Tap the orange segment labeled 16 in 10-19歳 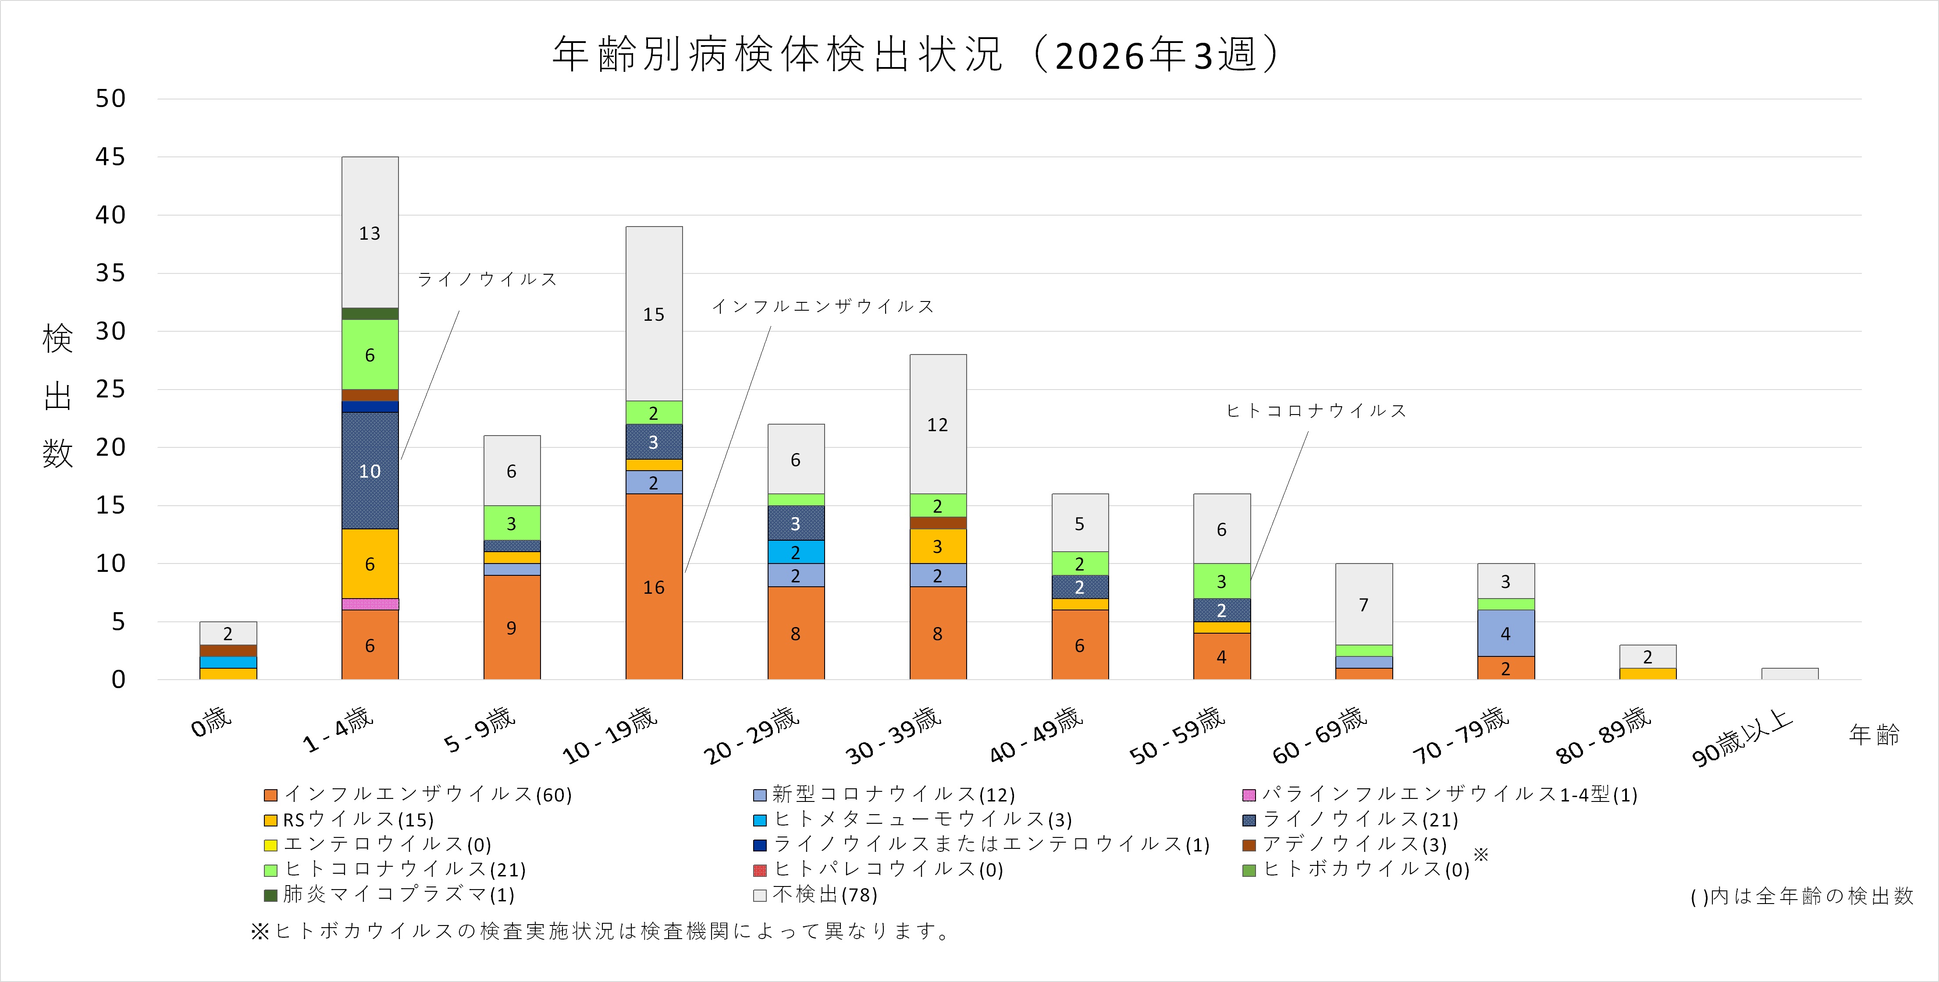point(653,586)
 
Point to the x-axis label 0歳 point(211,723)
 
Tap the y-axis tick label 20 point(110,447)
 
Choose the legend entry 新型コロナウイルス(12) point(893,794)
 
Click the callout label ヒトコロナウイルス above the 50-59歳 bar point(1316,410)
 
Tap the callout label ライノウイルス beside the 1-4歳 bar point(487,279)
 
